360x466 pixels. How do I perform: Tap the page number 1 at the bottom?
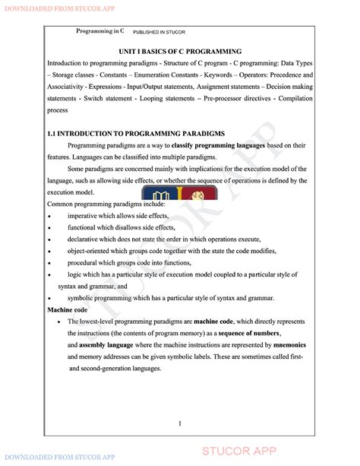pyautogui.click(x=179, y=423)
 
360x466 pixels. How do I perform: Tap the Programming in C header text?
pyautogui.click(x=100, y=31)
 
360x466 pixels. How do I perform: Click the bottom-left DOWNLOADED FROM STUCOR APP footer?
pyautogui.click(x=58, y=457)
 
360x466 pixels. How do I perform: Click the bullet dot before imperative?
pyautogui.click(x=49, y=217)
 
